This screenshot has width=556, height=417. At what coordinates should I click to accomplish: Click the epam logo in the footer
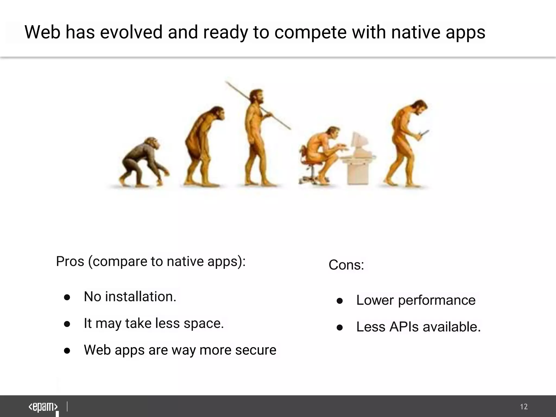[43, 407]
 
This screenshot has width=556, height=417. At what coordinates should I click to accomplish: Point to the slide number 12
[524, 407]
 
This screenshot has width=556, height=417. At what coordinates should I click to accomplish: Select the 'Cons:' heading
[346, 265]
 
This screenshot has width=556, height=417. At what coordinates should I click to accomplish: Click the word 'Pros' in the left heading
[70, 261]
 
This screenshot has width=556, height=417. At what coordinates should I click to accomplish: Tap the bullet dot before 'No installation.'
[67, 297]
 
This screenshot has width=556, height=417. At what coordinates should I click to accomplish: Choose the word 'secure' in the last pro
[255, 350]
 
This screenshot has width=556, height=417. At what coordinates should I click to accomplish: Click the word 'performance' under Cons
[437, 300]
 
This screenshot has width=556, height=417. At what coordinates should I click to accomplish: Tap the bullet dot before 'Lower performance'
[340, 301]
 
